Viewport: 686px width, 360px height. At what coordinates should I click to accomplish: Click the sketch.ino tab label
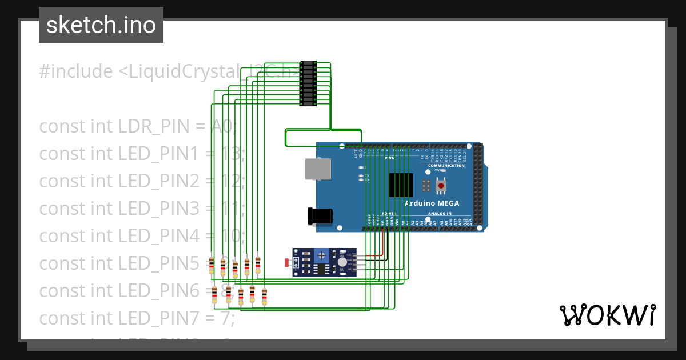tap(101, 25)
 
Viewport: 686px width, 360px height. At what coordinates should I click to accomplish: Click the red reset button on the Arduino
tap(441, 186)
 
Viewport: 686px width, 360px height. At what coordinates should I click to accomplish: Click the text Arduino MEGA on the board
tap(432, 203)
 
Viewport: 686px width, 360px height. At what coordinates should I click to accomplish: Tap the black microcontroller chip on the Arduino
tap(401, 185)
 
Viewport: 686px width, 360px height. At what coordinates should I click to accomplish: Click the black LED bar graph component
tap(308, 83)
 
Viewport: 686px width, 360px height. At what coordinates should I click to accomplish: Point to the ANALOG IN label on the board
tap(440, 213)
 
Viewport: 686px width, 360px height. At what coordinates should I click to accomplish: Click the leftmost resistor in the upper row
tap(212, 265)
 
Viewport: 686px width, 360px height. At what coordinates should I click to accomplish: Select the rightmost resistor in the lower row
tap(264, 296)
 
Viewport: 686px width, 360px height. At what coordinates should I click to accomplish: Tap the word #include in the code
tap(76, 72)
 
